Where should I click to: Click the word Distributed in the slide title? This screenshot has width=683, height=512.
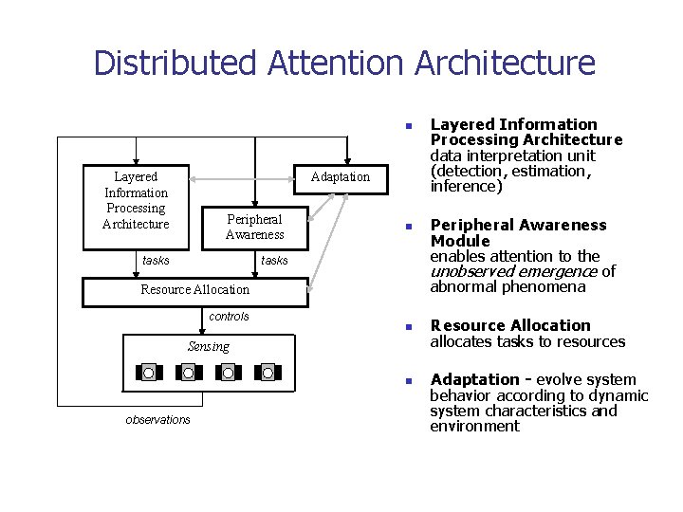176,64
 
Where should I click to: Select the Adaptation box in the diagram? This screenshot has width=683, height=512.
340,177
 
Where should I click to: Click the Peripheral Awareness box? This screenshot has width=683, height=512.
254,227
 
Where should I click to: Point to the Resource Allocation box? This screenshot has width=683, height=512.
195,290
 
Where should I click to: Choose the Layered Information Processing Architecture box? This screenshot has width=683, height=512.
136,200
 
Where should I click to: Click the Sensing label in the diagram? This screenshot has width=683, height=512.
208,346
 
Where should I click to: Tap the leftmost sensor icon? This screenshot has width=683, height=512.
149,373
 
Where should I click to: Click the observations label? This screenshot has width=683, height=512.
157,420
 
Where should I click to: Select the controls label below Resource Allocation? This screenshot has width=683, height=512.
229,317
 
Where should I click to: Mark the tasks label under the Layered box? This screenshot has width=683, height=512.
156,261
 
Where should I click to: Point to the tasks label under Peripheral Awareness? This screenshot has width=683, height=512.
274,261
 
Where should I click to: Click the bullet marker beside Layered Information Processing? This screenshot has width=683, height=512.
406,125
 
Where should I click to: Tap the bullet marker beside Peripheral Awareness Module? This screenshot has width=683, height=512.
406,227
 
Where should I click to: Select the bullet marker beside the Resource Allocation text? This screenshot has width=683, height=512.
406,327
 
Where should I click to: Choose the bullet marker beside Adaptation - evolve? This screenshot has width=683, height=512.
406,381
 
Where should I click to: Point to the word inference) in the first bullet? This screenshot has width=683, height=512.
466,187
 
